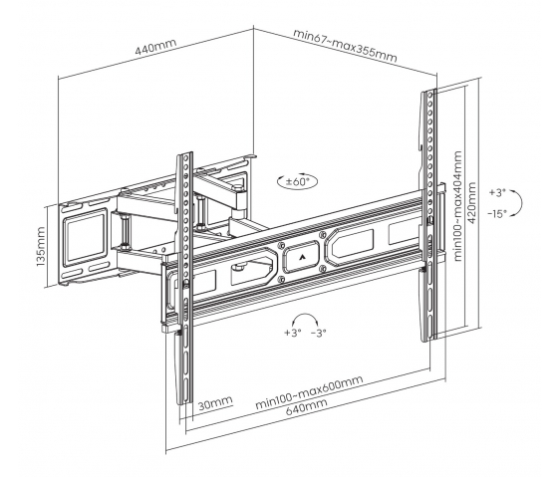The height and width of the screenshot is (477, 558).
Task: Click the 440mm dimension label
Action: click(155, 46)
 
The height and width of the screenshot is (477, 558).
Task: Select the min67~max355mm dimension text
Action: click(345, 45)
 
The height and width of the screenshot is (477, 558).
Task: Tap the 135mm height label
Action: click(41, 247)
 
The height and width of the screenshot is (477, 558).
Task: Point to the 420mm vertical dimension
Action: click(471, 202)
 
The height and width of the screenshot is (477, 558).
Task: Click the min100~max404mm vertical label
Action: click(457, 206)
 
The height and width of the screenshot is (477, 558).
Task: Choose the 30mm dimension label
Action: click(215, 403)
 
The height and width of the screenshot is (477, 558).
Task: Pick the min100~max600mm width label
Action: click(309, 392)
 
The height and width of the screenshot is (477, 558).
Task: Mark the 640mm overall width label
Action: click(306, 407)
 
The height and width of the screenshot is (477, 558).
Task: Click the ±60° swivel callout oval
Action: click(297, 182)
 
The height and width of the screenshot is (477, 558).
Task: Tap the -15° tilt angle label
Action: click(497, 214)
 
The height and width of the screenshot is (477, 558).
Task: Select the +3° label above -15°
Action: click(497, 193)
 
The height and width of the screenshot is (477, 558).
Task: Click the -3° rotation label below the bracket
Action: click(319, 333)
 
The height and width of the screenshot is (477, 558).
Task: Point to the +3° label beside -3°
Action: click(293, 333)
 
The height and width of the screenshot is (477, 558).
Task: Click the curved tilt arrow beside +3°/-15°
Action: click(522, 203)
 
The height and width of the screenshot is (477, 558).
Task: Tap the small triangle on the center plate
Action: click(302, 256)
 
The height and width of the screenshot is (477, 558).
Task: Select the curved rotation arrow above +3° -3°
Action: click(304, 314)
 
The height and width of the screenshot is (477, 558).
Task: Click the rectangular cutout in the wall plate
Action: click(85, 239)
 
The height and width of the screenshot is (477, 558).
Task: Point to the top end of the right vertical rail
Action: click(428, 91)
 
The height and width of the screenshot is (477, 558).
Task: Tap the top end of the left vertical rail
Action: click(185, 154)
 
